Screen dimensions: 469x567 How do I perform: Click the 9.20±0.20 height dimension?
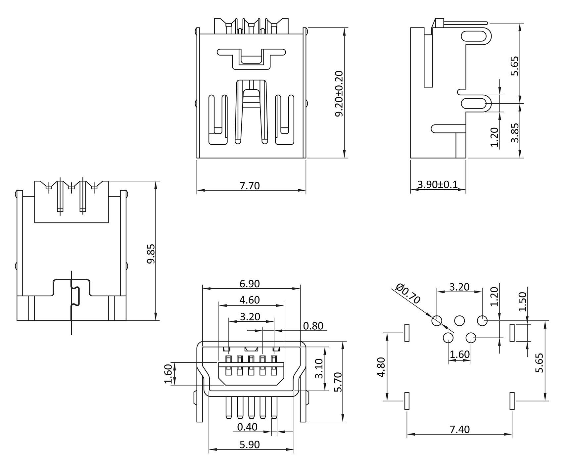point(339,93)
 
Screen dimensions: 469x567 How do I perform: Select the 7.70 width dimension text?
point(250,186)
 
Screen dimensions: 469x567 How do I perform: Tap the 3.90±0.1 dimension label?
point(438,184)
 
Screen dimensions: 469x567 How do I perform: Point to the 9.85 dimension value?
point(151,254)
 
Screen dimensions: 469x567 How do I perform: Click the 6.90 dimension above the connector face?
point(250,284)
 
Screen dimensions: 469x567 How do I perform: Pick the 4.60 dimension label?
point(250,300)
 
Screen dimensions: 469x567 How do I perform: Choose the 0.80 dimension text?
point(313,326)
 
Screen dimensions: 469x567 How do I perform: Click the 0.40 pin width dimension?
point(247,427)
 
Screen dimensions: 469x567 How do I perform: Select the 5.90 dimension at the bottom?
point(250,445)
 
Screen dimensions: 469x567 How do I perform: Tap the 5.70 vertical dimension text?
point(338,382)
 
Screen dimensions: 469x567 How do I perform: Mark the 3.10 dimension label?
point(319,369)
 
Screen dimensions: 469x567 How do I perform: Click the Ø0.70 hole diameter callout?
point(408,294)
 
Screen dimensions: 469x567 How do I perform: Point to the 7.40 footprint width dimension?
point(459,430)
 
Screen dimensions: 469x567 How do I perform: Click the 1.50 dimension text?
point(522,302)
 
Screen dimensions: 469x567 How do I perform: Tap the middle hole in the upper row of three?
point(459,320)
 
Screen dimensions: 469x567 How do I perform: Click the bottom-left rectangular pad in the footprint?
point(407,401)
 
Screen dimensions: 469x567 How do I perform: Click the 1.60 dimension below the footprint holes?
point(459,354)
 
